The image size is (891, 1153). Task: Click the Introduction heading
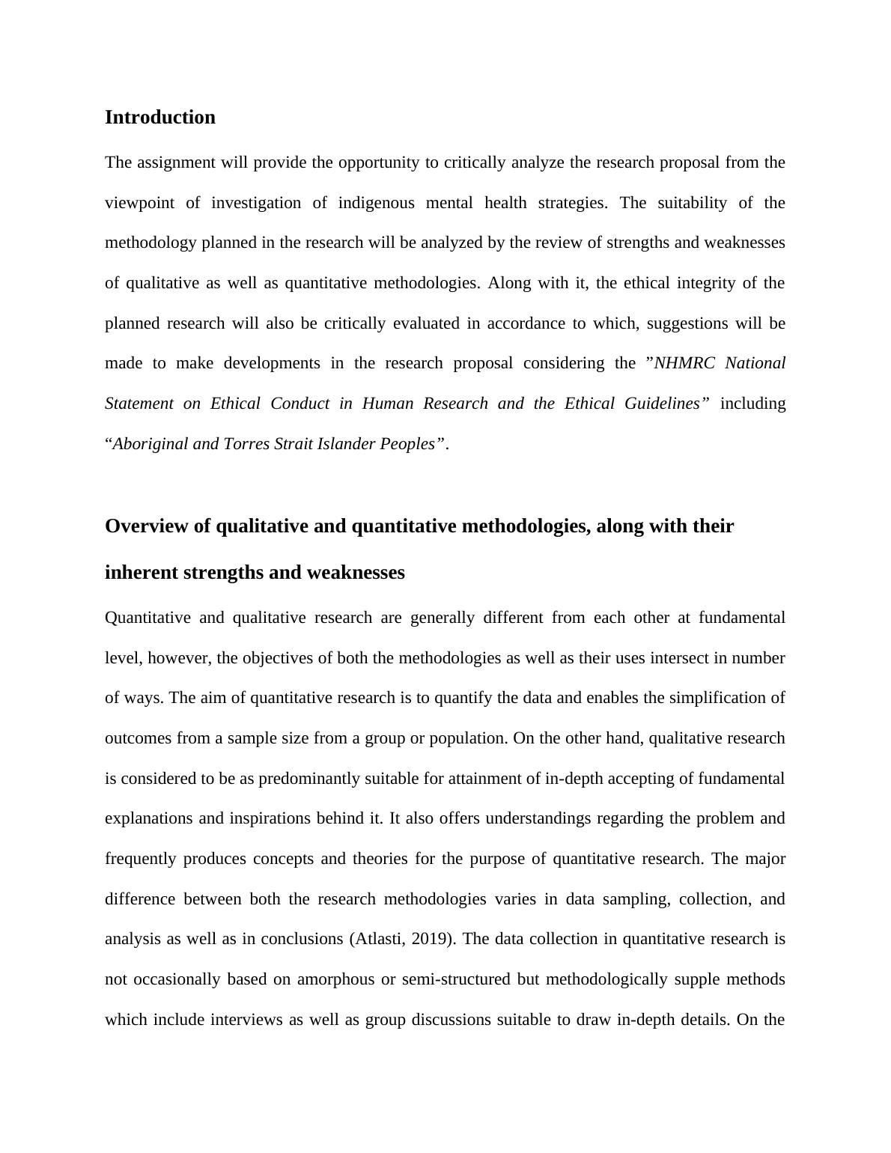(159, 118)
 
